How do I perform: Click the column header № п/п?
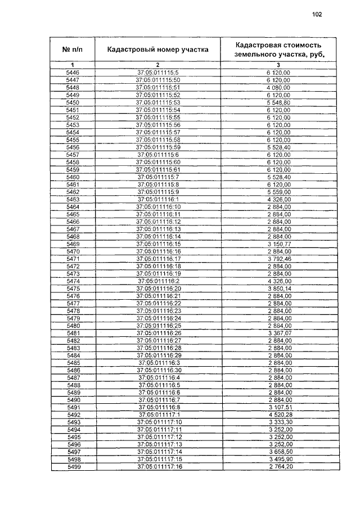[73, 49]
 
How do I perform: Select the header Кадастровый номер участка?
[157, 49]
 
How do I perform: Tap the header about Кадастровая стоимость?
[278, 49]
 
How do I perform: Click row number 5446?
[73, 73]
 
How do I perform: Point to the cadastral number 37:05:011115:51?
[157, 88]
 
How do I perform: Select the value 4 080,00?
[278, 88]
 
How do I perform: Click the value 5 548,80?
[278, 102]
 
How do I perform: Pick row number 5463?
[73, 200]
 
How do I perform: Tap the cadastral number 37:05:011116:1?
[157, 200]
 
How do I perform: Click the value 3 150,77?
[278, 244]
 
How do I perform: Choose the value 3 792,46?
[278, 258]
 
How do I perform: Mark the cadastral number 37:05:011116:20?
[157, 288]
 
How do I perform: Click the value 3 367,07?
[278, 333]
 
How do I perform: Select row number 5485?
[73, 363]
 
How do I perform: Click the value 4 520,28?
[278, 415]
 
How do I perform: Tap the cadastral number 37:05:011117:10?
[157, 422]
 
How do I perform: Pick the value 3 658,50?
[278, 452]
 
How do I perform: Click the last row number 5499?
[73, 467]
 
